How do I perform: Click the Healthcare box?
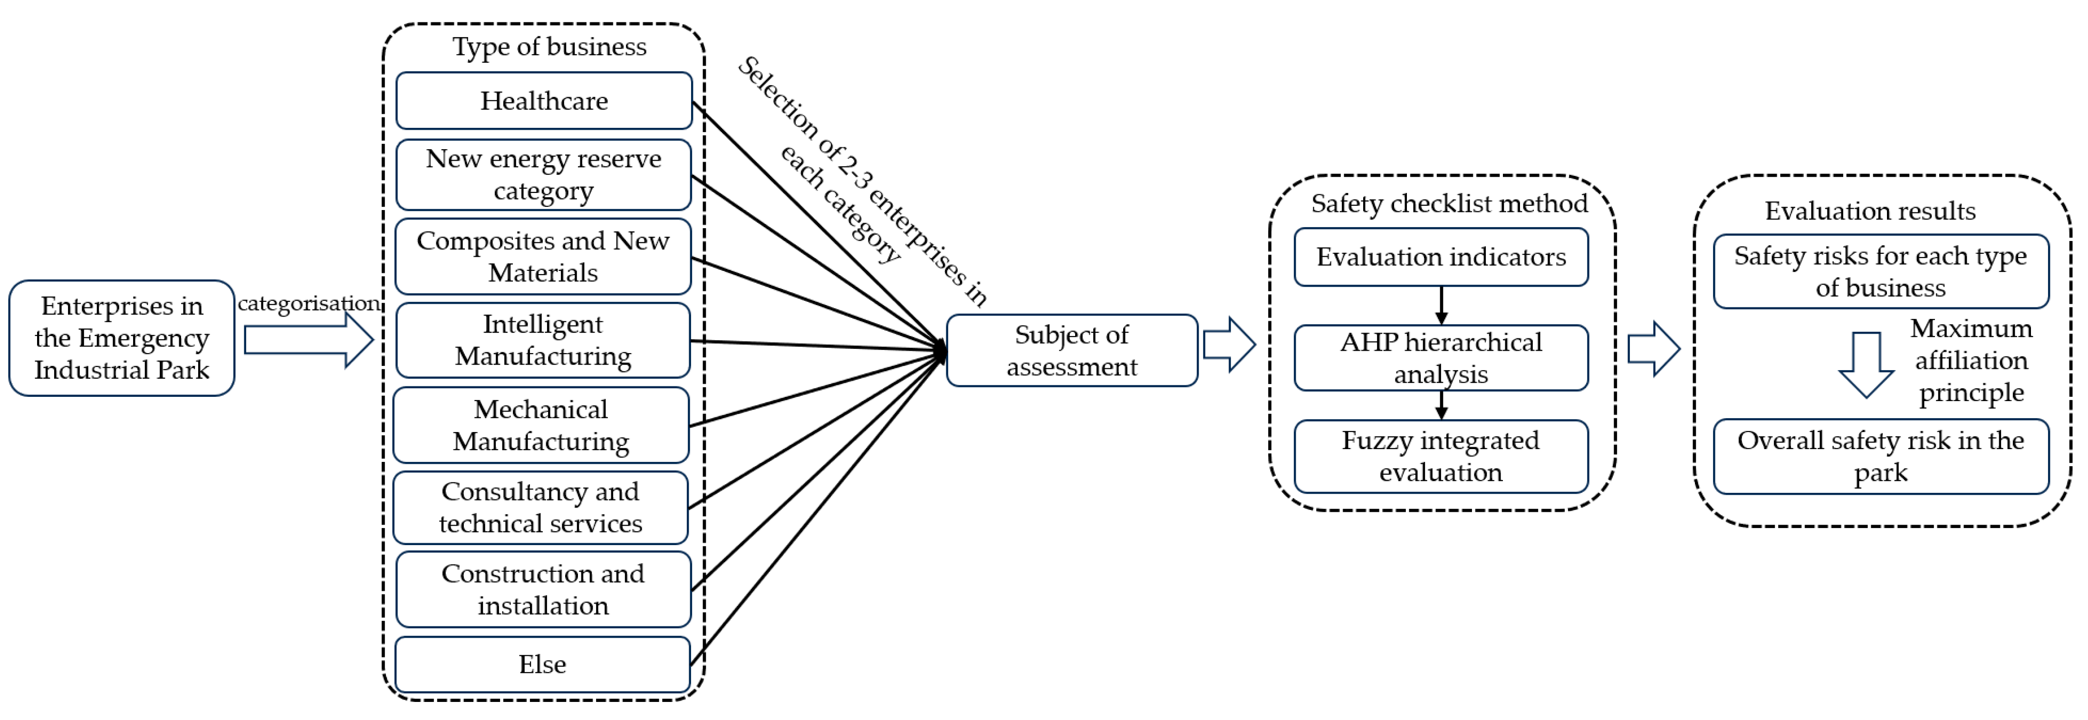[x=544, y=101]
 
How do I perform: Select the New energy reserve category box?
[x=543, y=174]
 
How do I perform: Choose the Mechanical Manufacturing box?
[x=540, y=425]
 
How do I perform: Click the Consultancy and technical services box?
[x=540, y=508]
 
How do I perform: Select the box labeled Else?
[x=542, y=664]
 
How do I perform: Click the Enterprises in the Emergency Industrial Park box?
[x=122, y=338]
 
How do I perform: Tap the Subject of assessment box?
[x=1071, y=350]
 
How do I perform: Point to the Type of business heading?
[x=549, y=47]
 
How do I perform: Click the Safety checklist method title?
[x=1449, y=203]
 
